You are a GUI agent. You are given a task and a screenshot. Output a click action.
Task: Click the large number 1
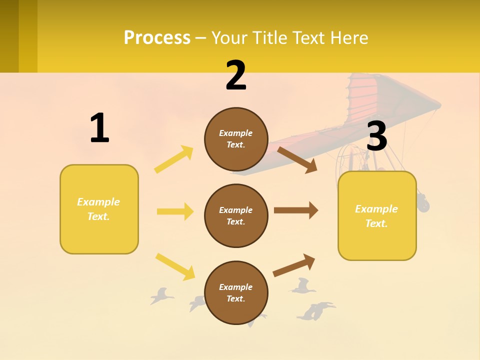coord(99,128)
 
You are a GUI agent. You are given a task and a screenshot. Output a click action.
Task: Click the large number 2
coord(236,76)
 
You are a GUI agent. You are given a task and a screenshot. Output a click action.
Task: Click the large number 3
coord(376,136)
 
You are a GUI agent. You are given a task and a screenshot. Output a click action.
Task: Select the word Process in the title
coord(157,37)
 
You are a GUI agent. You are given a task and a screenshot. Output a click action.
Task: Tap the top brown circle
coord(236,139)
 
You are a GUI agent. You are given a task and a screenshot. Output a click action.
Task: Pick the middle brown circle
coord(236,215)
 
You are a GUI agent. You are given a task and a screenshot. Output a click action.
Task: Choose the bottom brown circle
coord(236,292)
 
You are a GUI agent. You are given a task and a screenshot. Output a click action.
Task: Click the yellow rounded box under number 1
coord(99,209)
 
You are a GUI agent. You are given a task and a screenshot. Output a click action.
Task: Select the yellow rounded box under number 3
coord(377,215)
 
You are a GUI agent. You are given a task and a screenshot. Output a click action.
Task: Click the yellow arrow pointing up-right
coord(174,159)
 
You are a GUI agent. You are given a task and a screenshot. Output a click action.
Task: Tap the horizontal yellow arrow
coord(175,211)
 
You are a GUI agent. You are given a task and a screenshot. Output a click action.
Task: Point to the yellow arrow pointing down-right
coord(175,266)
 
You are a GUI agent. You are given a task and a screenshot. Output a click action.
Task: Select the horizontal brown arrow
coord(295,210)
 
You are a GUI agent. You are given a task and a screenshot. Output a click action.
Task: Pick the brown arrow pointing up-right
coord(294,265)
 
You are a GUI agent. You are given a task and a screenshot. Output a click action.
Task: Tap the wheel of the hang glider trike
coord(423,204)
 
